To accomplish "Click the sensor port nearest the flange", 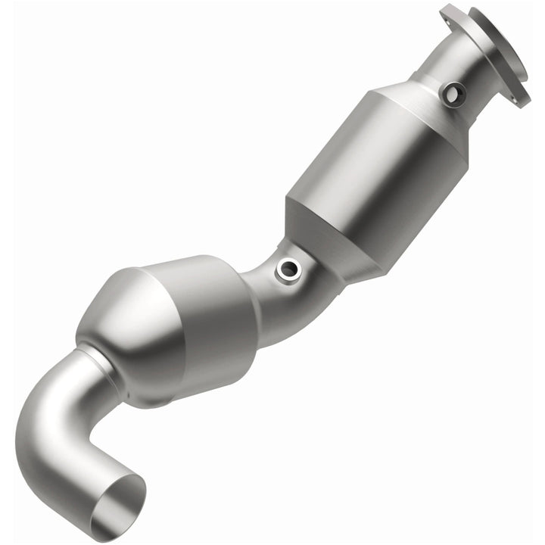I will coord(453,94).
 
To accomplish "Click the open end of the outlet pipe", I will coord(117,507).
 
